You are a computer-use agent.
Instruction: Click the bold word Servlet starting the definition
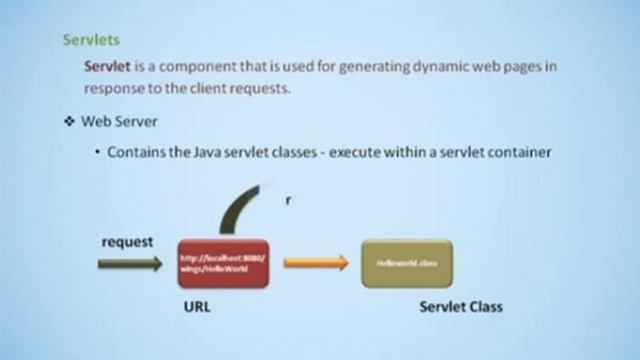[x=108, y=66]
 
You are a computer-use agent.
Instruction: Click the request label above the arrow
[x=126, y=242]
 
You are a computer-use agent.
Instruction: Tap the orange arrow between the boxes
[x=315, y=264]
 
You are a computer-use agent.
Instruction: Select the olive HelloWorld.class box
[x=406, y=264]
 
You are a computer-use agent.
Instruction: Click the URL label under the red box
[x=197, y=307]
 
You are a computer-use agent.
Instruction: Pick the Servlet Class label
[x=461, y=307]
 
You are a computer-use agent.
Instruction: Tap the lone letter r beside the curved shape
[x=288, y=200]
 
